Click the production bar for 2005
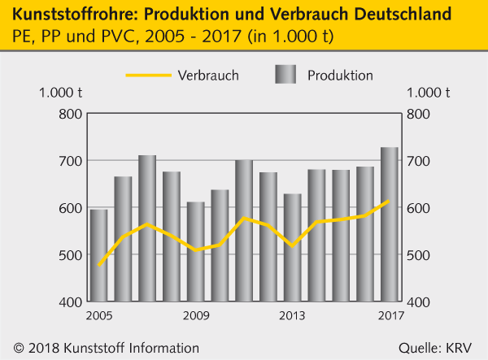coord(99,255)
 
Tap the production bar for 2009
coord(196,252)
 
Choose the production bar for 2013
coord(292,248)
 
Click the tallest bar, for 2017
coord(389,224)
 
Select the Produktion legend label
coord(340,76)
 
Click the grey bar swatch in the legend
coord(285,76)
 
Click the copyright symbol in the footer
coord(18,348)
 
